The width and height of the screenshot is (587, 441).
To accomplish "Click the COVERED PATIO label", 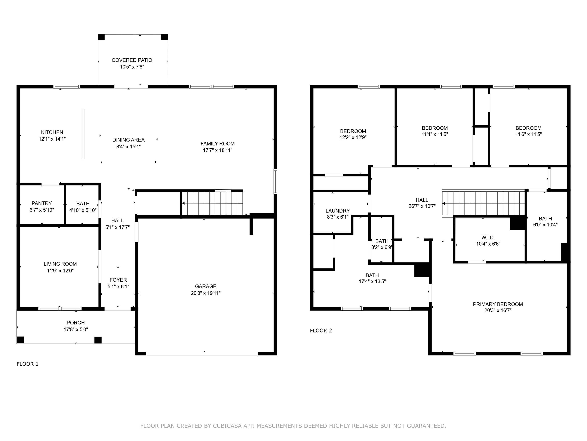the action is (x=132, y=60).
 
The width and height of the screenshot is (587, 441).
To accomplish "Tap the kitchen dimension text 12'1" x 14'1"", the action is (x=52, y=139).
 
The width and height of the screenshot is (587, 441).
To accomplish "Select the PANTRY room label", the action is (x=42, y=203).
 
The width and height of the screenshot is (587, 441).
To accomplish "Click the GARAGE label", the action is (x=206, y=286).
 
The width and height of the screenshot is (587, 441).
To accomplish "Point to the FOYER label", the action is (x=118, y=280).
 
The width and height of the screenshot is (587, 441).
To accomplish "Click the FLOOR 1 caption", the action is (x=28, y=364).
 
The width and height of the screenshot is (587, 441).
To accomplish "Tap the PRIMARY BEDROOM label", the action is (x=498, y=304).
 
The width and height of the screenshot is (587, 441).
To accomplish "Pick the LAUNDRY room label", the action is (x=338, y=211).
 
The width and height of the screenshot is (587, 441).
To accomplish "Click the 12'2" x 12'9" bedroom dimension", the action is (x=353, y=137).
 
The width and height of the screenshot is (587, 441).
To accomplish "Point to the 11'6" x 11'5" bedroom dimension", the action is (x=529, y=134).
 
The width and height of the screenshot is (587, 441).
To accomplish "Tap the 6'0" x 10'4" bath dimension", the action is (x=545, y=225).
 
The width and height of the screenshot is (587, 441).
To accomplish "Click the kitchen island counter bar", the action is (x=83, y=134).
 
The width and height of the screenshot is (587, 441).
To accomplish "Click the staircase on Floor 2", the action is (x=483, y=203).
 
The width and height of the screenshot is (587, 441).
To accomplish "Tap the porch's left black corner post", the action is (x=20, y=340).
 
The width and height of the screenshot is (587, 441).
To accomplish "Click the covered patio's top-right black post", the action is (x=165, y=37).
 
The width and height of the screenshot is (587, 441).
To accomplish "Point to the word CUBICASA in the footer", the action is (x=227, y=426).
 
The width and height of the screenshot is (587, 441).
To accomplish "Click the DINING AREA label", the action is (x=128, y=140).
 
